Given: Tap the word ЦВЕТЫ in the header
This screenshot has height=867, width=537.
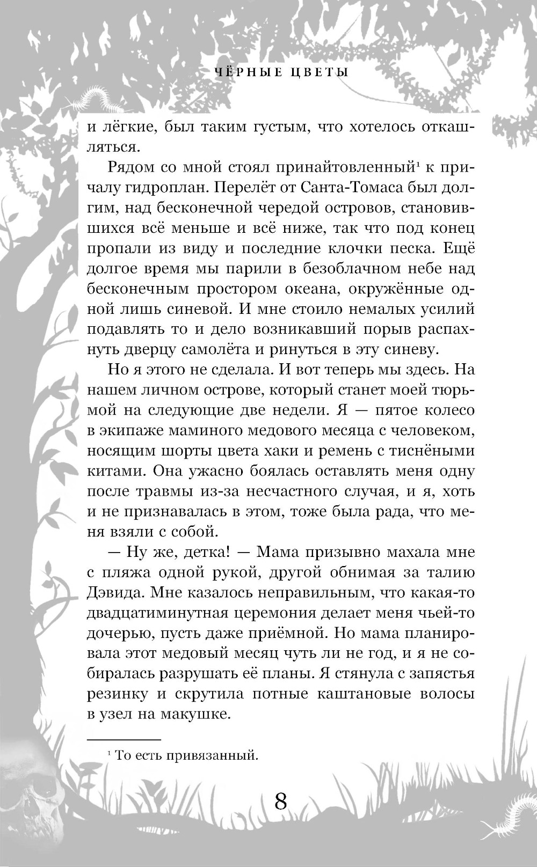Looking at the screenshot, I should [x=321, y=72].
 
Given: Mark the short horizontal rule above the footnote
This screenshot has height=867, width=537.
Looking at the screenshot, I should [x=124, y=739].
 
